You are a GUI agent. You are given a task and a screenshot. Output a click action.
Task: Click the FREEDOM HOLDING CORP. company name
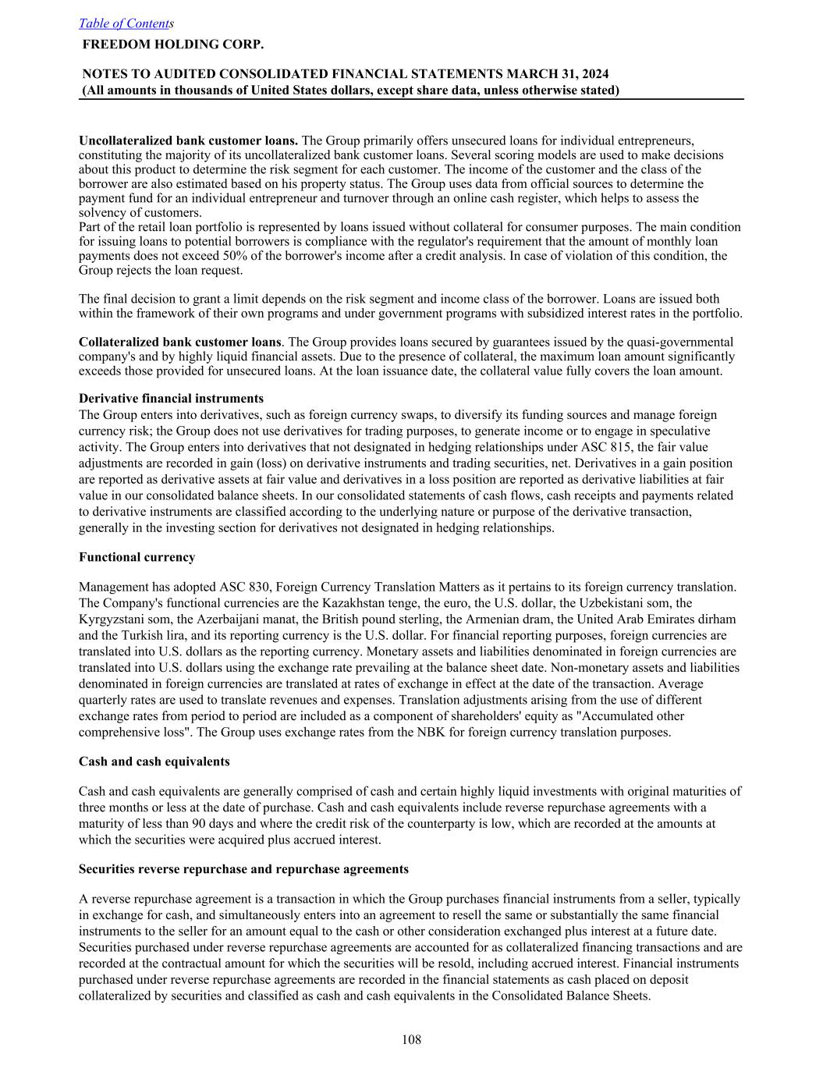(x=172, y=44)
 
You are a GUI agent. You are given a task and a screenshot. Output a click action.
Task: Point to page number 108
(x=411, y=1039)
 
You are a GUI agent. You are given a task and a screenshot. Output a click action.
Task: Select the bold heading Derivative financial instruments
(x=171, y=399)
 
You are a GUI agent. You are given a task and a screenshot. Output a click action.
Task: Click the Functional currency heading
(x=137, y=557)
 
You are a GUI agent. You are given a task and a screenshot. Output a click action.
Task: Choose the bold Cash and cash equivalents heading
(x=154, y=761)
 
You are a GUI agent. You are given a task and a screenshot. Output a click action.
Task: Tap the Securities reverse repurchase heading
(x=243, y=869)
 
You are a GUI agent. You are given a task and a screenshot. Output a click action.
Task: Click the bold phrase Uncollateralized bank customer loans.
(x=188, y=140)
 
